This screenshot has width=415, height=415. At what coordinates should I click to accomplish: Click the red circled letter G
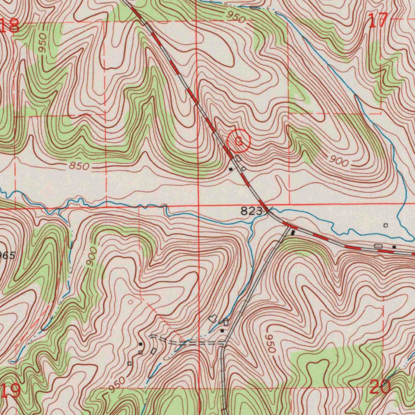(x=239, y=141)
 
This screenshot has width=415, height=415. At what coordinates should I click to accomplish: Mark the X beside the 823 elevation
(x=268, y=210)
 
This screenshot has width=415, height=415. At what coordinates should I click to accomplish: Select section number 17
(x=379, y=21)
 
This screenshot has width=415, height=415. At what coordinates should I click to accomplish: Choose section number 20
(x=380, y=387)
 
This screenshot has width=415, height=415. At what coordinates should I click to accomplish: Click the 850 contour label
(x=79, y=166)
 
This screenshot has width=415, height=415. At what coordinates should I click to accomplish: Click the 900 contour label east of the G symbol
(x=339, y=162)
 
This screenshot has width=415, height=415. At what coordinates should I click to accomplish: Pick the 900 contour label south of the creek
(x=92, y=257)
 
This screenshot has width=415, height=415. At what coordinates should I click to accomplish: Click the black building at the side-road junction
(x=293, y=233)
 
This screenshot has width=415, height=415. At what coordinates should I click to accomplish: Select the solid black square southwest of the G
(x=231, y=169)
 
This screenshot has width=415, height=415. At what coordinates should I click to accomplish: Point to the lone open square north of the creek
(x=385, y=225)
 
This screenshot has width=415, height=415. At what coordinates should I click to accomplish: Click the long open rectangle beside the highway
(x=378, y=246)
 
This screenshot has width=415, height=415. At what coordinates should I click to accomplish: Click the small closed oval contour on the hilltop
(x=130, y=302)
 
